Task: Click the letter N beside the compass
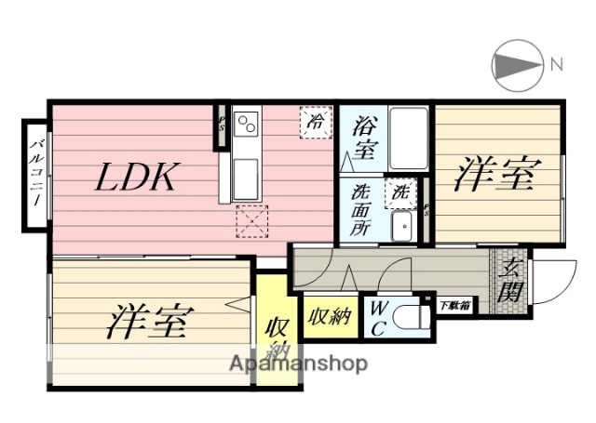click(556, 64)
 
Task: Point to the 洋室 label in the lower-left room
click(150, 322)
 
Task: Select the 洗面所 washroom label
click(361, 209)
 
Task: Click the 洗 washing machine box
click(400, 192)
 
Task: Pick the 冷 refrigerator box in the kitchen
click(315, 122)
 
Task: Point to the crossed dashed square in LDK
click(252, 220)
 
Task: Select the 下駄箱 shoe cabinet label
click(454, 304)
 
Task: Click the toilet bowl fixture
click(410, 318)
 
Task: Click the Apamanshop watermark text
click(298, 363)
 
